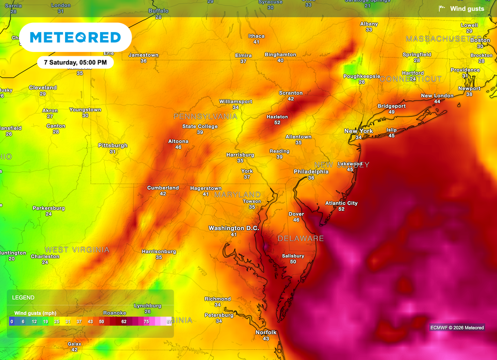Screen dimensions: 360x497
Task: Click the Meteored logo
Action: coord(75,37)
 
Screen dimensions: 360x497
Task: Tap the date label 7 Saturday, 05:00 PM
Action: coord(75,63)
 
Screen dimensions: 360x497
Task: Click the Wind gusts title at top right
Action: coord(466,9)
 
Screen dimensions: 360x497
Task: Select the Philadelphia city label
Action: coord(311,172)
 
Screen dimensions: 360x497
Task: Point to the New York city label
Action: coord(359,131)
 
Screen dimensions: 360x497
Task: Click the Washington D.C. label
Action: coord(233,228)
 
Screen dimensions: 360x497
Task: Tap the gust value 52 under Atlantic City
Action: coord(341,209)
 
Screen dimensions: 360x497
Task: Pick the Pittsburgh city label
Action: coord(113,146)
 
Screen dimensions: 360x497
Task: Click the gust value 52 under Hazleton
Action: coord(277,123)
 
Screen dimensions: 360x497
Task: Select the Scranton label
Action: coord(291,93)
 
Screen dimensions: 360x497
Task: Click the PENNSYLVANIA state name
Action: coord(206,116)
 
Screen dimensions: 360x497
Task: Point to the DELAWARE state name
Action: coord(300,238)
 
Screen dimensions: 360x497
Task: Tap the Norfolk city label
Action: coord(266,332)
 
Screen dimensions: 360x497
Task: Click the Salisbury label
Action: coord(293,256)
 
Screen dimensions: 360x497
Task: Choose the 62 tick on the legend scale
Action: coord(124,322)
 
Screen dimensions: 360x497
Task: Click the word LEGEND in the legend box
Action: coord(23,297)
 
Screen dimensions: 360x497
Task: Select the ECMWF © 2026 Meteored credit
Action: coord(457,327)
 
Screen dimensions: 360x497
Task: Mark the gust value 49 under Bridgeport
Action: coord(392,112)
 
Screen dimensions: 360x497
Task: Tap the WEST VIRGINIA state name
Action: coord(77,250)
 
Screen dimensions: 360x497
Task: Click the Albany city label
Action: coord(369,24)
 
